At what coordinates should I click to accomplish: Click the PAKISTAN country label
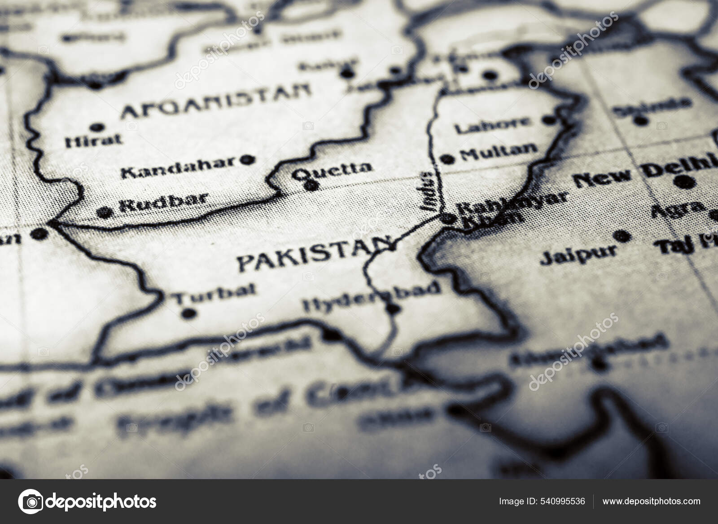point(314,256)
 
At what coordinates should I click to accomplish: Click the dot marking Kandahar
point(247,159)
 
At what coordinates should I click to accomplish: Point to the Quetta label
point(332,170)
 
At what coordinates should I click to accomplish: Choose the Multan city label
point(499,153)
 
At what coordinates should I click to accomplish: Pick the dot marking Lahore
point(549,120)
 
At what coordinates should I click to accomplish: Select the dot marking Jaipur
point(621,236)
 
